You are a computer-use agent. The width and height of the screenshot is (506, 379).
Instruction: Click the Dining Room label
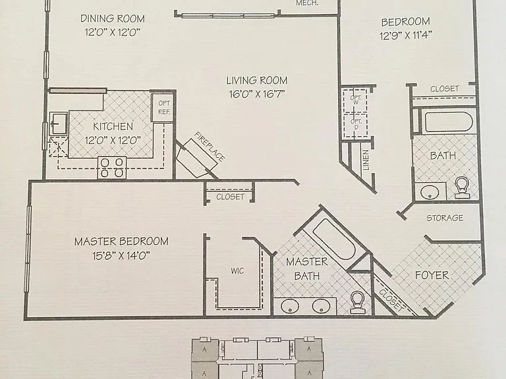click(x=113, y=18)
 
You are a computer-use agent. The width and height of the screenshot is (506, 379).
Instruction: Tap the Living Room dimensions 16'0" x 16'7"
click(x=257, y=94)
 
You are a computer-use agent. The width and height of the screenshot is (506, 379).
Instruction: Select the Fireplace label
click(x=210, y=147)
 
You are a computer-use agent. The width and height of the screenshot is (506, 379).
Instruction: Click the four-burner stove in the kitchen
click(x=112, y=168)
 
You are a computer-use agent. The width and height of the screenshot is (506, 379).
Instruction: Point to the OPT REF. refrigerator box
click(x=164, y=108)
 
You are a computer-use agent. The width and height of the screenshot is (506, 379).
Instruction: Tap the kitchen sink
click(x=59, y=124)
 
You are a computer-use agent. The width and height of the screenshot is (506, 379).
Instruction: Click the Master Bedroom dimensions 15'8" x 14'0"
click(x=121, y=256)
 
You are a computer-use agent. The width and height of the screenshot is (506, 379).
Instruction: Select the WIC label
click(x=237, y=270)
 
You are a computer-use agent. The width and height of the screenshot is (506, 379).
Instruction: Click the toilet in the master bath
click(x=357, y=302)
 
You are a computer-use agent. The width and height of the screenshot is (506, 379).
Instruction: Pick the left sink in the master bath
click(x=290, y=306)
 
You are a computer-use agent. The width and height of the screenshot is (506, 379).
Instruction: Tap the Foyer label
click(x=432, y=275)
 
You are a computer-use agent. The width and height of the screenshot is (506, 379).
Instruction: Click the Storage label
click(x=445, y=218)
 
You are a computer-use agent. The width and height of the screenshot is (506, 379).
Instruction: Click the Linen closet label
click(x=366, y=160)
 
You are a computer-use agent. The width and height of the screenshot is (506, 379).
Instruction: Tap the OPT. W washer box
click(x=355, y=99)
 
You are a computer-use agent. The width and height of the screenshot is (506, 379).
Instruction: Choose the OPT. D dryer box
click(x=355, y=126)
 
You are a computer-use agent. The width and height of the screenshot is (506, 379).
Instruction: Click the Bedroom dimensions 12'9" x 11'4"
click(x=406, y=35)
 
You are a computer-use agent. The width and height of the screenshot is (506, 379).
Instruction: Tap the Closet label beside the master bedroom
click(x=230, y=197)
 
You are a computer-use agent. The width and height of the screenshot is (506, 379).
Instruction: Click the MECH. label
click(x=307, y=3)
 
